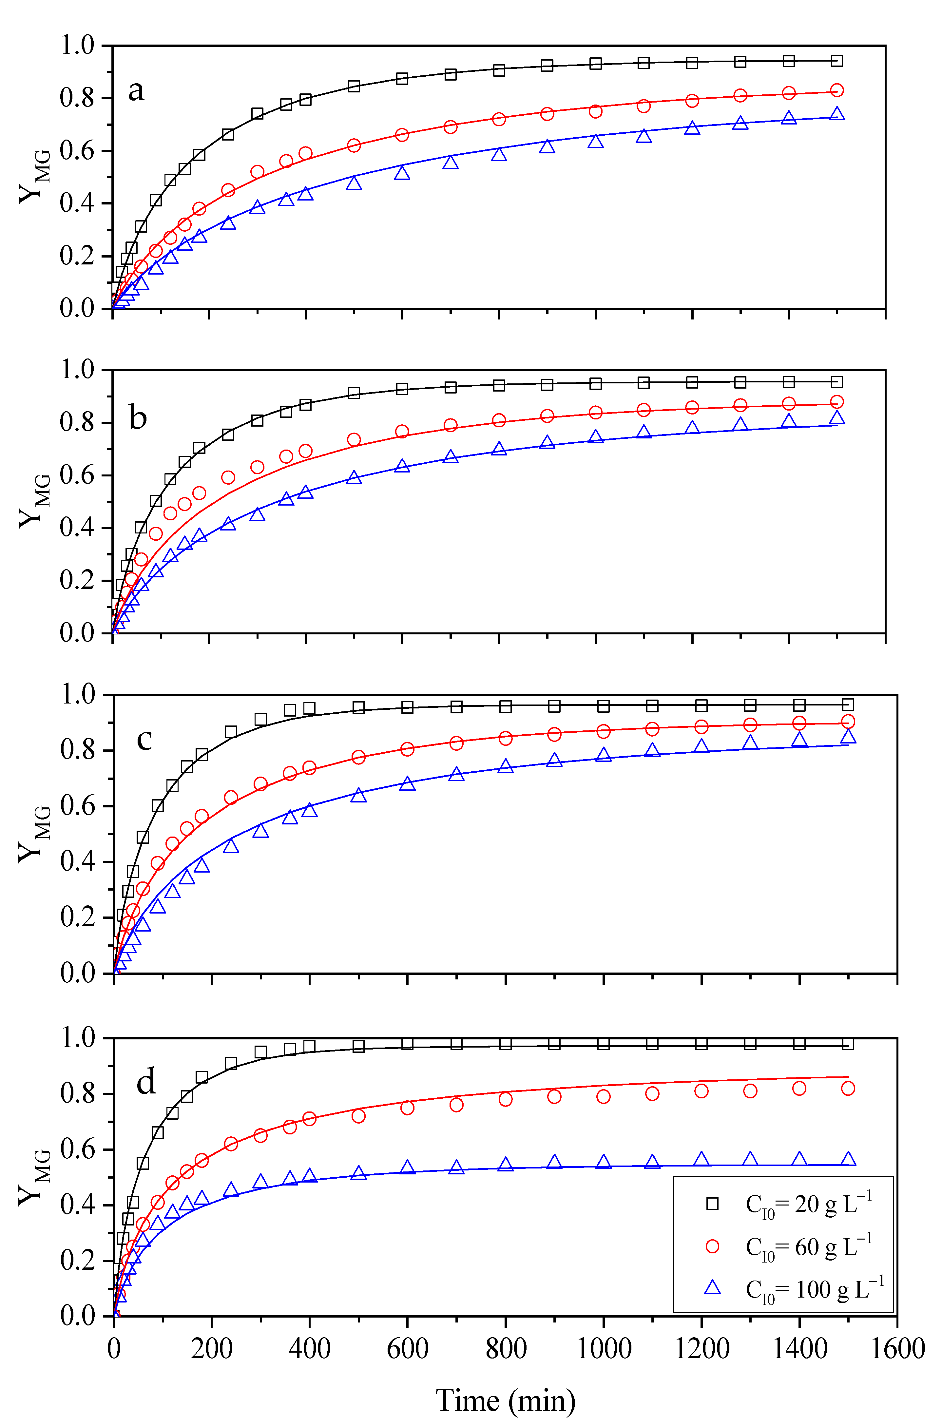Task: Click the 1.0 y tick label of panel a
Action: click(x=78, y=46)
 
